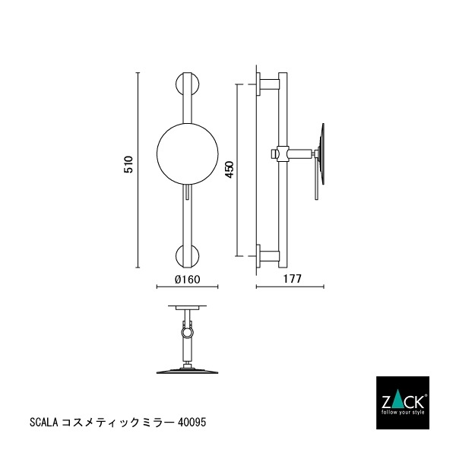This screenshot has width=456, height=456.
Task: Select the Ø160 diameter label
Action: point(187,280)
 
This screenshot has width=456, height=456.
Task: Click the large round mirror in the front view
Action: point(187,153)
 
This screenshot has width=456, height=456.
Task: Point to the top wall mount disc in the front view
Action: point(187,83)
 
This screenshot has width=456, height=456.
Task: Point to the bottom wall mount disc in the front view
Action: point(187,256)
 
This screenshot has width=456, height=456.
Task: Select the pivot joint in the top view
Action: point(187,331)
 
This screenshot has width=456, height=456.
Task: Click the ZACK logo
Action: point(405,400)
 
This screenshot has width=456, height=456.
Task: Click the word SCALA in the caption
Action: point(42,420)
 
